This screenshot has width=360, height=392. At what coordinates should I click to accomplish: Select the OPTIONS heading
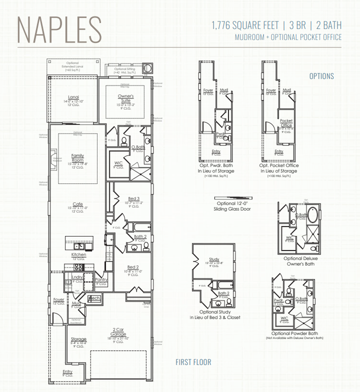pyautogui.click(x=321, y=76)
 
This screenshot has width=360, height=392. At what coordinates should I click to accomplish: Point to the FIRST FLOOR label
pyautogui.click(x=193, y=362)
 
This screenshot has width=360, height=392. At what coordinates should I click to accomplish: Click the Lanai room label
pyautogui.click(x=73, y=97)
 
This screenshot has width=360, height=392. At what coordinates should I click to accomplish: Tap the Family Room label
pyautogui.click(x=77, y=157)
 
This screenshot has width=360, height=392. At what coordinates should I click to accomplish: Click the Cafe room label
pyautogui.click(x=77, y=203)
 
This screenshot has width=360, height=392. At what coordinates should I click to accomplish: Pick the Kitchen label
pyautogui.click(x=78, y=254)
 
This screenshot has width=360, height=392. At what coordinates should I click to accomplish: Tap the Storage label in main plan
pyautogui.click(x=78, y=339)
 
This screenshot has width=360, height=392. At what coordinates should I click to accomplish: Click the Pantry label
pyautogui.click(x=101, y=280)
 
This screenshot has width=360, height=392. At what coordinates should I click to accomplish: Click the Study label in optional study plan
pyautogui.click(x=214, y=259)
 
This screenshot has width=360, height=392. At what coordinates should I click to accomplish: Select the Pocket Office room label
pyautogui.click(x=286, y=123)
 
